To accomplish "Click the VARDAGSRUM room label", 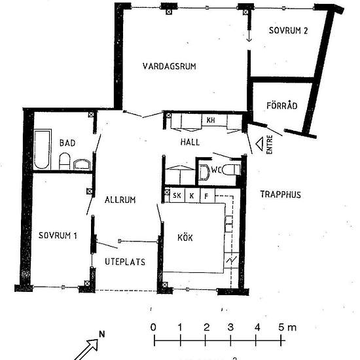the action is click(170, 66).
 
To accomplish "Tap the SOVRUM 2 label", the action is click(288, 31).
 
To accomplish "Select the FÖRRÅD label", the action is click(282, 105).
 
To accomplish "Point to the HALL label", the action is click(190, 142).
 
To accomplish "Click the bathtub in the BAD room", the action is click(42, 149).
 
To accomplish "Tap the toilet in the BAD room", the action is click(64, 162).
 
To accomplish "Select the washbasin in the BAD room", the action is click(82, 164).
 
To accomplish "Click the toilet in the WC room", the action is click(232, 170).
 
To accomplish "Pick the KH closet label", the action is click(211, 120).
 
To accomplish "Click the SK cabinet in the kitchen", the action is click(177, 196).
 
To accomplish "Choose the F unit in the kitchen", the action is click(207, 196).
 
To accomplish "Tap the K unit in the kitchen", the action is click(192, 196).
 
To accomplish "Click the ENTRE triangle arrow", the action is click(259, 144).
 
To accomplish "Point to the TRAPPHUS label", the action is click(280, 194).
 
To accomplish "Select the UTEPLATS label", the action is click(125, 262).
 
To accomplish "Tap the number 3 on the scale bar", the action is click(230, 327).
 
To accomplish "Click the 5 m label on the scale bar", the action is click(287, 327).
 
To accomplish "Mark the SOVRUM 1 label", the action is click(58, 236).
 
